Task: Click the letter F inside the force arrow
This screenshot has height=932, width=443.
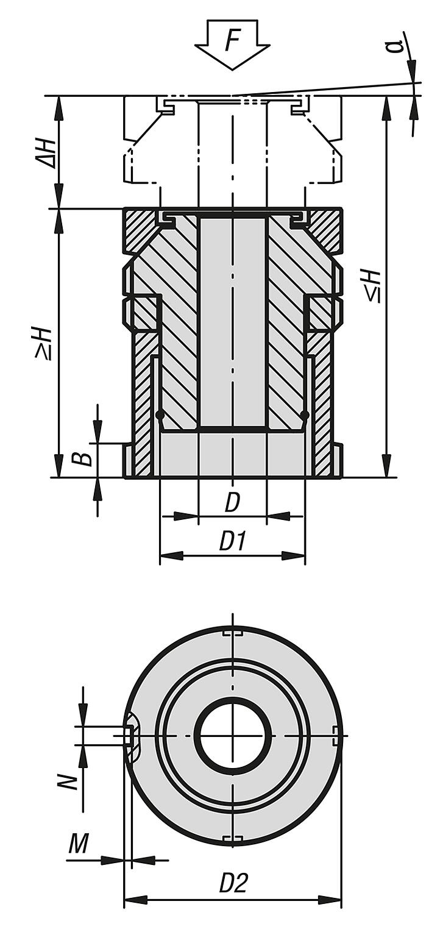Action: click(x=232, y=41)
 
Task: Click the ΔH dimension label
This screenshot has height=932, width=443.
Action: click(x=45, y=152)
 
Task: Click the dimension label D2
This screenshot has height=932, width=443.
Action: click(x=233, y=883)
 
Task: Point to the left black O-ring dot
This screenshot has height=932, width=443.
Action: click(x=160, y=415)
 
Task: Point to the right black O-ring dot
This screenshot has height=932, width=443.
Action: click(x=305, y=415)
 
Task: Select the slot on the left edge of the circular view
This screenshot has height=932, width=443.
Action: click(x=131, y=736)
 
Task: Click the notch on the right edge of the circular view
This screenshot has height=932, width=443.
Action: click(x=336, y=736)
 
